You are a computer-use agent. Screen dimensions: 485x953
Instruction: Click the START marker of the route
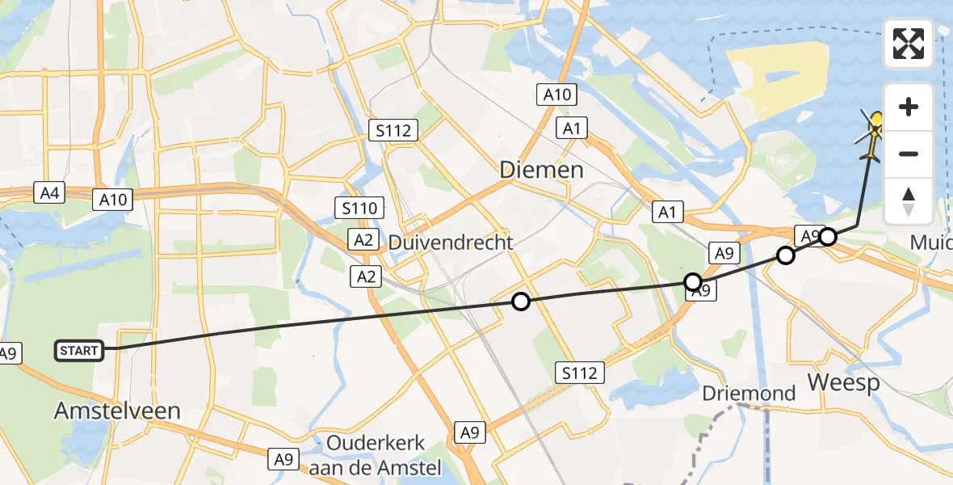(79, 351)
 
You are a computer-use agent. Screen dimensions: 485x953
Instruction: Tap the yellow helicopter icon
(873, 133)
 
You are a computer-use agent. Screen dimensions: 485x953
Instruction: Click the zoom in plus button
(909, 107)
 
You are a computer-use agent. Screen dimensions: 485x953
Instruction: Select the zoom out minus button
(909, 154)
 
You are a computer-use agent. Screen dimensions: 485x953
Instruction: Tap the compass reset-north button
(909, 201)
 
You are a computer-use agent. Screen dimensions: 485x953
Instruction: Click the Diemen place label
(541, 170)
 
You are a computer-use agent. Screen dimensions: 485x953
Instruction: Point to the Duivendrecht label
(451, 242)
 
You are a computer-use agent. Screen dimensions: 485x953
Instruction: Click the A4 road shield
(47, 192)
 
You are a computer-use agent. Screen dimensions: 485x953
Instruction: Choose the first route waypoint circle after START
(521, 302)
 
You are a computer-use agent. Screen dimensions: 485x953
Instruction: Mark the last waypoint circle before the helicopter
(828, 237)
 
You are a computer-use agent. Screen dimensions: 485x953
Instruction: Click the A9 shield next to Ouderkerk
(283, 459)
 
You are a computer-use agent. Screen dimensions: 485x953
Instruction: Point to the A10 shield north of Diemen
(556, 95)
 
